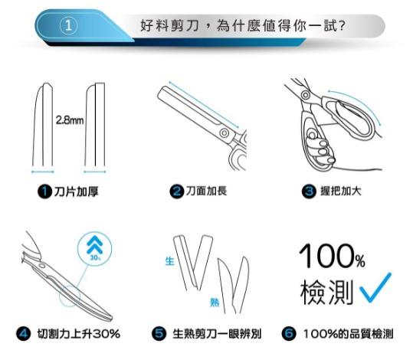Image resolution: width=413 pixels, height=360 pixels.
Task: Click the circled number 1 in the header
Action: click(68, 25)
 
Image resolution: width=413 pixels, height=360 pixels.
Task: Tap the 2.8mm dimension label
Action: click(70, 120)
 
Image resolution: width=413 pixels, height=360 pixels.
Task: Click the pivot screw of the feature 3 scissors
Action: click(306, 96)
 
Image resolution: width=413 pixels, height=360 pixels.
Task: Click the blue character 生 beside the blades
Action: click(169, 261)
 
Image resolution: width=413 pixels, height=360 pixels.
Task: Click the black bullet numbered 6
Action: click(289, 333)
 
